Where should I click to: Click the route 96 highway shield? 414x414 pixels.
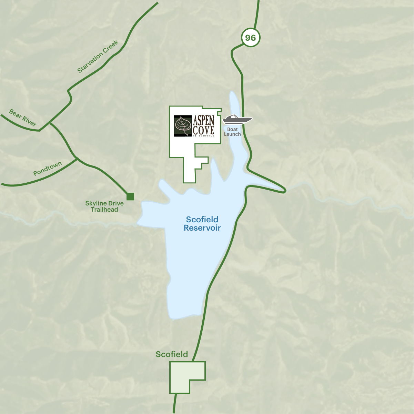tap(251, 37)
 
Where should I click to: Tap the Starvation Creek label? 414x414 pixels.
tap(98, 57)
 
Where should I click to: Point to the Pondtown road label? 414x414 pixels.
tap(48, 169)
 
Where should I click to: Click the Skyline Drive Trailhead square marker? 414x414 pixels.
tap(130, 196)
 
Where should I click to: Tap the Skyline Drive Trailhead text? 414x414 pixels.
tap(104, 206)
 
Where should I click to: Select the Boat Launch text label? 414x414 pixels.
tap(232, 132)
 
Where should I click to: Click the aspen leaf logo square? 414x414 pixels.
tap(183, 126)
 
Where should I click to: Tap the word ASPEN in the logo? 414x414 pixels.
tap(204, 120)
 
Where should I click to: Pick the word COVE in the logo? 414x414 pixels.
tap(204, 130)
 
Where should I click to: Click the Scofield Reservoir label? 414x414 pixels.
tap(202, 223)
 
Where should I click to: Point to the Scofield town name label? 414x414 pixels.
tap(172, 354)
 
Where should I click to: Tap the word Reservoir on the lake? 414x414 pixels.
tap(202, 228)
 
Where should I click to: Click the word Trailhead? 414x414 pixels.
tap(104, 210)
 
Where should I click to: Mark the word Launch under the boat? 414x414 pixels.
tap(232, 134)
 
